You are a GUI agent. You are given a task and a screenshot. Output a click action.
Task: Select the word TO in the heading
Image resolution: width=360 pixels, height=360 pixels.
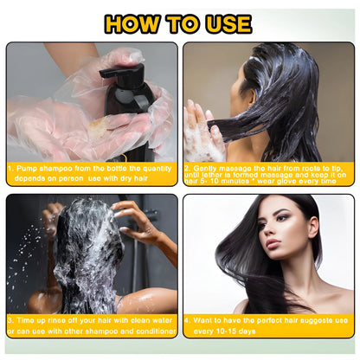pyautogui.click(x=182, y=23)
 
